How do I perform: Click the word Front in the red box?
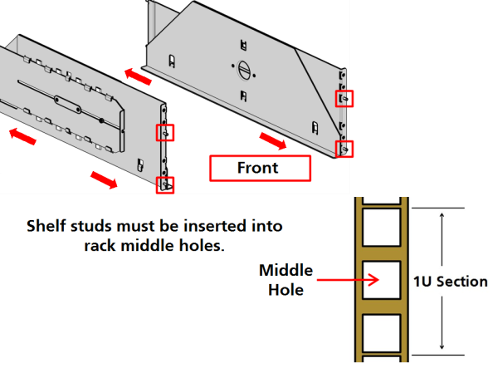click(257, 168)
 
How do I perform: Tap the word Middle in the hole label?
click(286, 271)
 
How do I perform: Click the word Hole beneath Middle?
click(286, 290)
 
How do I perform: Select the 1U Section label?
click(450, 282)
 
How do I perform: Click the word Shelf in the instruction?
click(47, 226)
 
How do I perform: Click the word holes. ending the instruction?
click(202, 246)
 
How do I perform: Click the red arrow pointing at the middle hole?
click(348, 280)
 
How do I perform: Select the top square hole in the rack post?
click(382, 228)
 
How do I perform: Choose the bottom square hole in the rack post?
click(382, 333)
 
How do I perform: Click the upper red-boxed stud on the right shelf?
click(344, 99)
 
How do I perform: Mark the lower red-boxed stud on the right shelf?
click(344, 149)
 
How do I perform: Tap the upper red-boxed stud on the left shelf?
click(165, 133)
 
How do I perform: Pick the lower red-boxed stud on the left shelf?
click(165, 185)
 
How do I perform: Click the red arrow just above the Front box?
click(273, 140)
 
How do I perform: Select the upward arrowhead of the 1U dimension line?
click(442, 215)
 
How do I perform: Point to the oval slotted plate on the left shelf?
click(67, 105)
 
